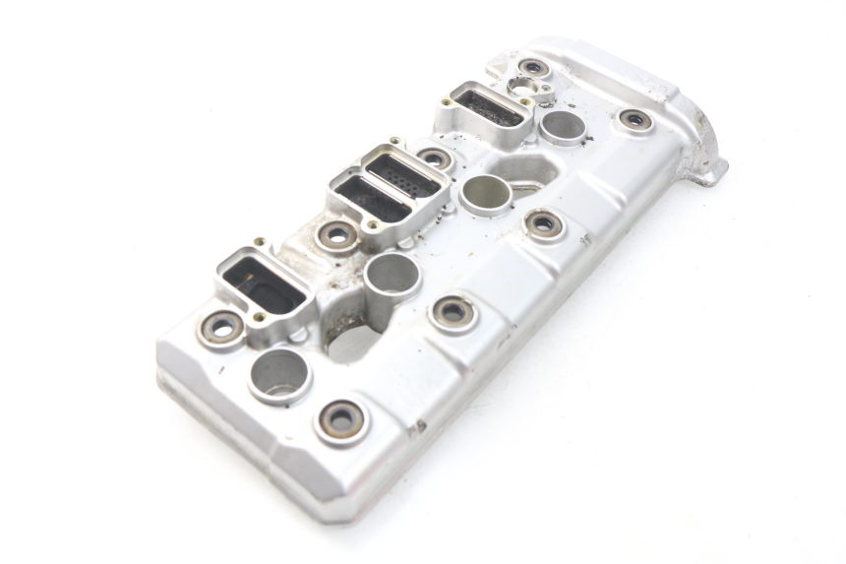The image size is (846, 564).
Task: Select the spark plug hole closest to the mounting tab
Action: pos(564,126)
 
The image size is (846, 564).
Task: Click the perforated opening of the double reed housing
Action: pos(403,175)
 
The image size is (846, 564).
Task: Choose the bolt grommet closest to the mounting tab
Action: pos(634,120)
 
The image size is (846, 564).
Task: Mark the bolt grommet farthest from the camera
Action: pos(533,68)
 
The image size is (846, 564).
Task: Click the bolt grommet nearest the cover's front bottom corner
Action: pos(341,420)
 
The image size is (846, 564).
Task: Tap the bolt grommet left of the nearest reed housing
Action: pos(223,326)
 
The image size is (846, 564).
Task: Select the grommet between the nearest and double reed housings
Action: pos(337,234)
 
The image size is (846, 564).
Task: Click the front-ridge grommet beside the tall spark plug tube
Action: pos(453,312)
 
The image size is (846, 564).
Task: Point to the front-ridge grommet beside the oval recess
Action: pos(543,224)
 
